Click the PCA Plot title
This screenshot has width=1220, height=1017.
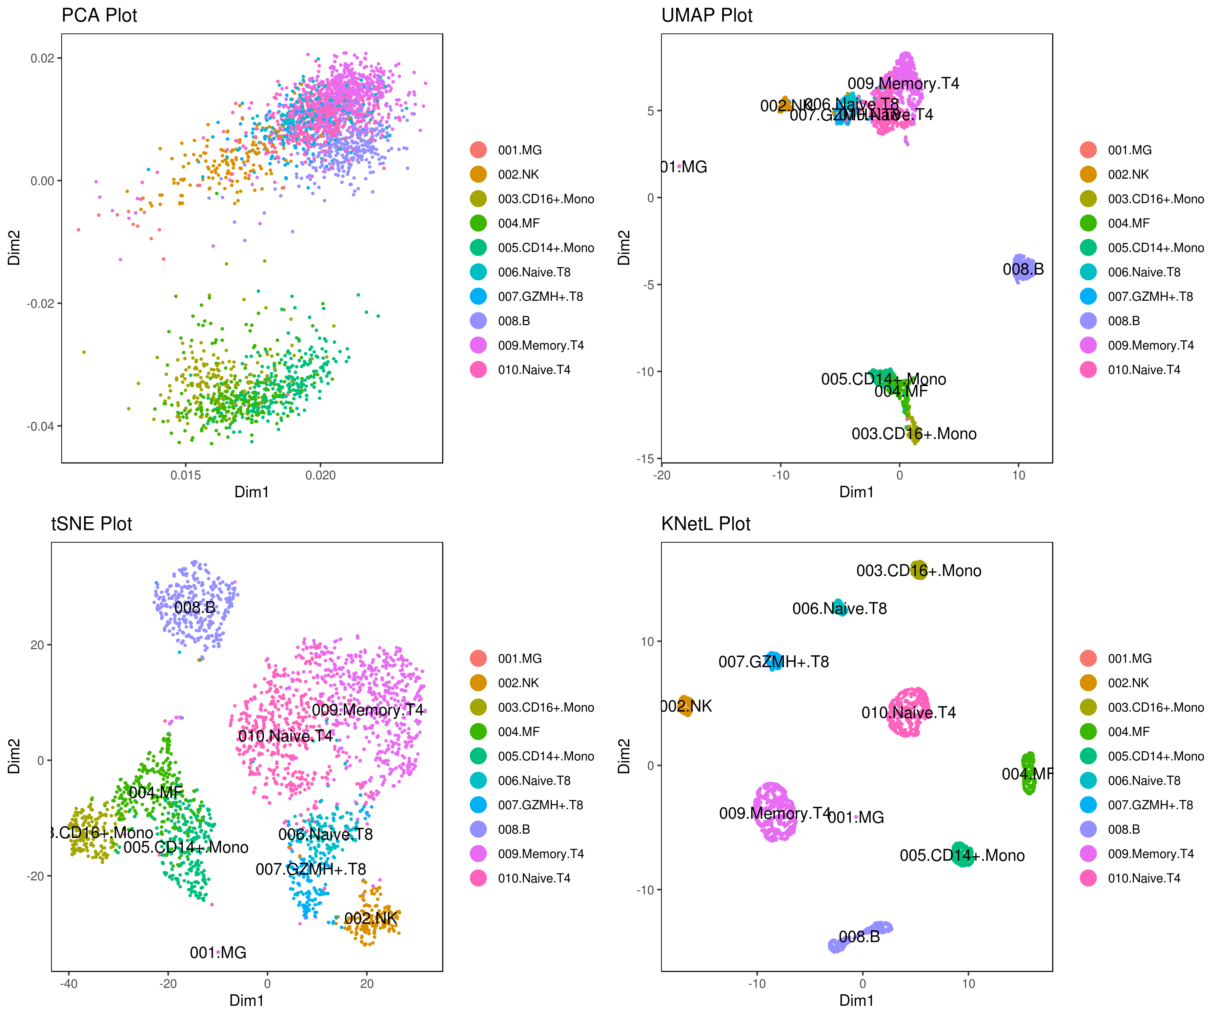click(99, 15)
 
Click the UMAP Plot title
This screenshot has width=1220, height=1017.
click(707, 15)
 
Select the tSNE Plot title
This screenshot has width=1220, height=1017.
click(92, 524)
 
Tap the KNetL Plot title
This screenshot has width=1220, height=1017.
click(706, 524)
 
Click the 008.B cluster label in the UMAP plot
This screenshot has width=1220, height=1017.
click(1023, 269)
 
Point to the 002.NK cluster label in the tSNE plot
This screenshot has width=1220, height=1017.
click(371, 918)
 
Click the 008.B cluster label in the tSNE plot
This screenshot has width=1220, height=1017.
click(195, 607)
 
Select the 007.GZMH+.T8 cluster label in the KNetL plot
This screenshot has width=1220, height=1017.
click(773, 661)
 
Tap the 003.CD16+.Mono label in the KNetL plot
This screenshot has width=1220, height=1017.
click(918, 571)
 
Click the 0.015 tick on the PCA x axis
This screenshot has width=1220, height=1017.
click(186, 475)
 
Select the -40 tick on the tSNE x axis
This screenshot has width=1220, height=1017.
click(68, 983)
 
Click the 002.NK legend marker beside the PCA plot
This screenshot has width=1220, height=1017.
click(478, 174)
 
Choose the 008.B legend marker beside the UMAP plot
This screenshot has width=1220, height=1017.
click(1088, 321)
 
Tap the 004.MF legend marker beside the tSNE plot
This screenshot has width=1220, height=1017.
click(478, 732)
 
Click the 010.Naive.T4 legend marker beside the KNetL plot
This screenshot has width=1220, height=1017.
click(1088, 878)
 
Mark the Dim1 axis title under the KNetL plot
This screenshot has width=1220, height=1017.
click(856, 1000)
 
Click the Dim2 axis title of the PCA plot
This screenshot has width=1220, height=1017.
click(14, 248)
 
